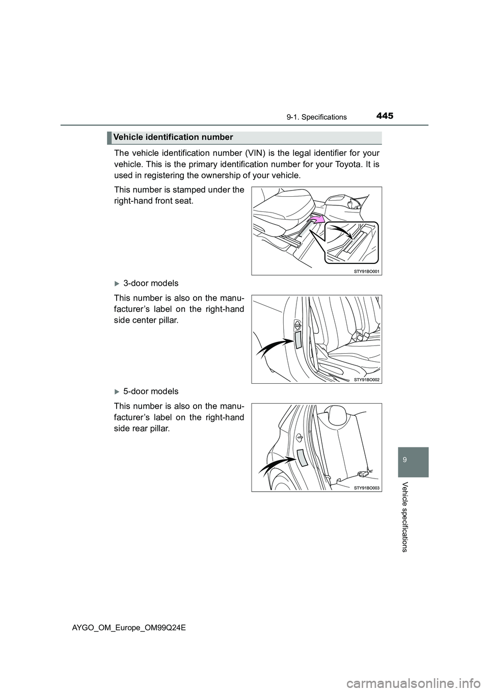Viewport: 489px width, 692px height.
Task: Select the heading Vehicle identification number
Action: (x=173, y=137)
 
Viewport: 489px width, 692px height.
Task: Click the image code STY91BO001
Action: (x=367, y=272)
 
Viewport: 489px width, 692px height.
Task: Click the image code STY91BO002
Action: (x=367, y=380)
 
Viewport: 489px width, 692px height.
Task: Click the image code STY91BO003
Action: (x=367, y=488)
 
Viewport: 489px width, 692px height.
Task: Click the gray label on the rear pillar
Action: (x=303, y=458)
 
